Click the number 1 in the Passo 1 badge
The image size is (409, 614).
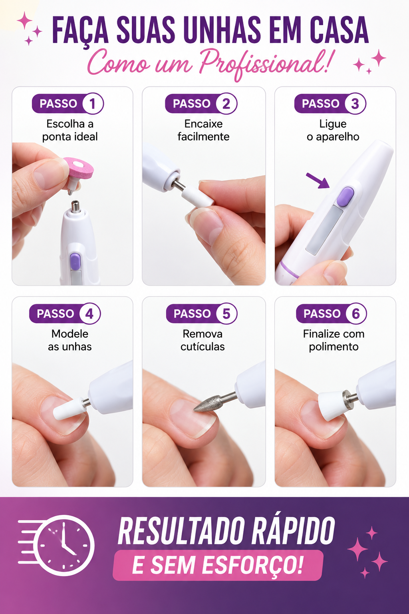pyautogui.click(x=93, y=104)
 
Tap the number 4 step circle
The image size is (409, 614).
pyautogui.click(x=89, y=313)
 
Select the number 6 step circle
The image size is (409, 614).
pyautogui.click(x=356, y=313)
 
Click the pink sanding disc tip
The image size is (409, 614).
pyautogui.click(x=78, y=169)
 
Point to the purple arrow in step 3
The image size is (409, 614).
pyautogui.click(x=318, y=181)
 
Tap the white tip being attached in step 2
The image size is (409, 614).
pyautogui.click(x=198, y=196)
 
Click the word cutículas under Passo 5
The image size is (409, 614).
pyautogui.click(x=203, y=347)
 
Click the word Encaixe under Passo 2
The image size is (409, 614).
pyautogui.click(x=204, y=124)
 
